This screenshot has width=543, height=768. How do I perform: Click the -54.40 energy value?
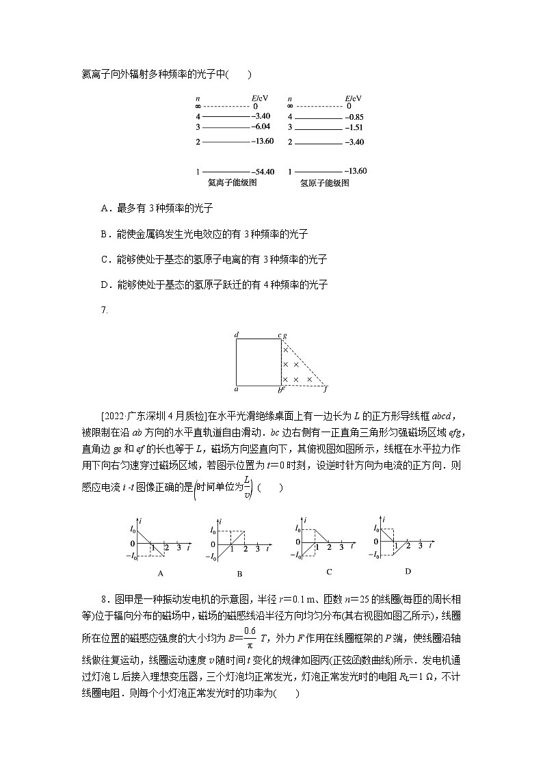(263, 172)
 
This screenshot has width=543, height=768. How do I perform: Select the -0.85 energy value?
(354, 117)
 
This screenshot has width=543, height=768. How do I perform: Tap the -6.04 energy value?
(261, 127)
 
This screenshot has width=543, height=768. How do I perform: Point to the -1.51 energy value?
(354, 128)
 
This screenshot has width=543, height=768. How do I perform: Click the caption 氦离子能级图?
(232, 183)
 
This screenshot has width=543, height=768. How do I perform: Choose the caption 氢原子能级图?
(325, 183)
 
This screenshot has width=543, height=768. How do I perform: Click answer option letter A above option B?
(104, 208)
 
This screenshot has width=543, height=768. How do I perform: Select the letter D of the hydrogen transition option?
(104, 284)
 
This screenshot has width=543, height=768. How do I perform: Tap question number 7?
(104, 310)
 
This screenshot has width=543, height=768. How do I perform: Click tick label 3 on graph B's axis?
(257, 549)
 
